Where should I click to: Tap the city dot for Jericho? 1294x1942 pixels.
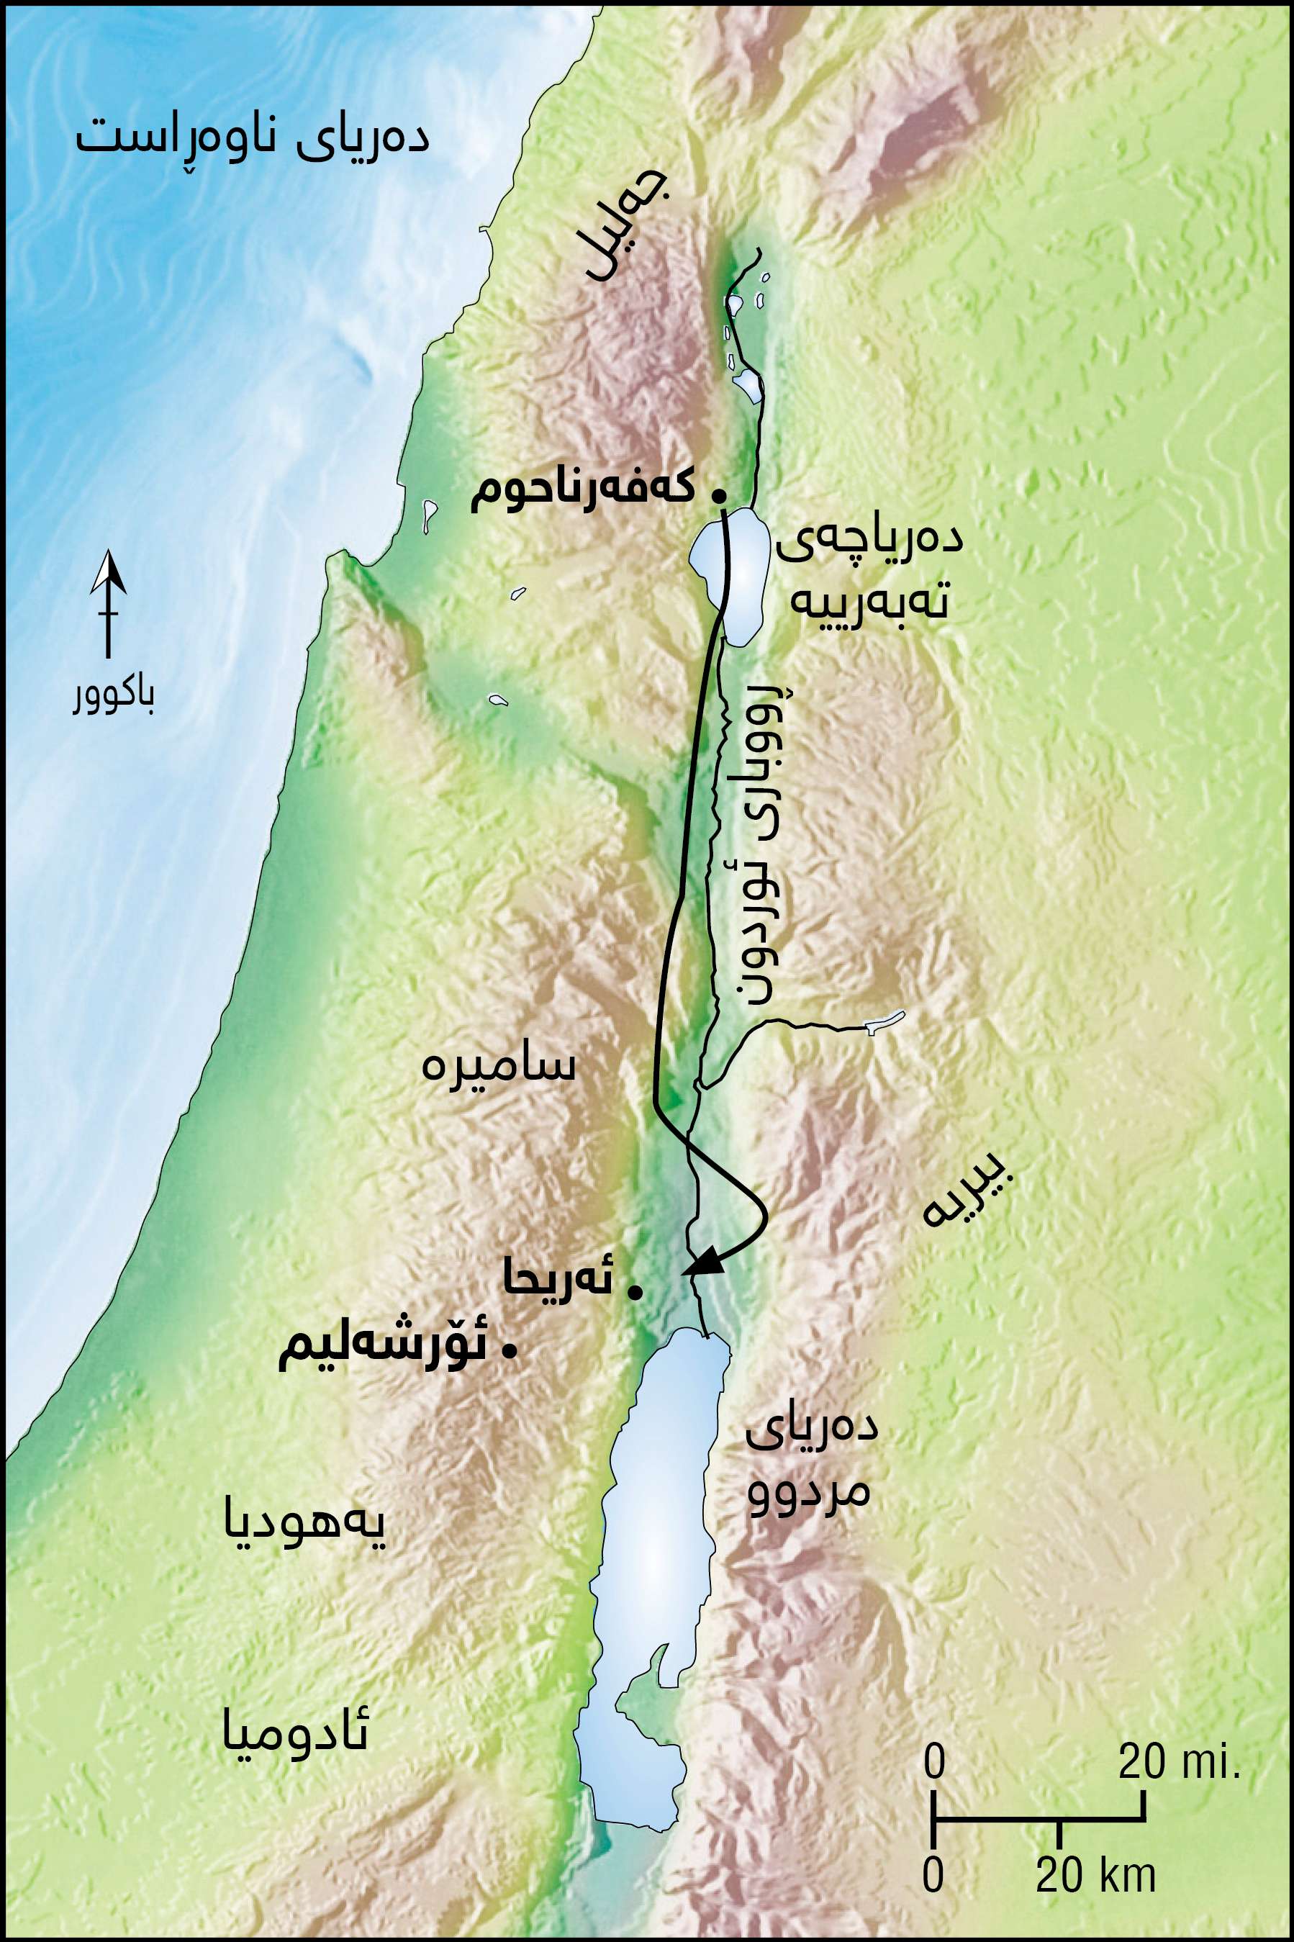pos(635,1293)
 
